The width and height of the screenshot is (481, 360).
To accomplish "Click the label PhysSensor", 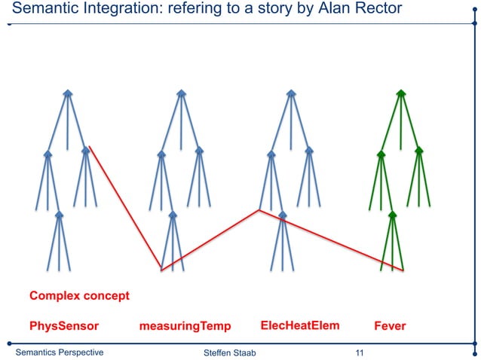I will [x=64, y=326].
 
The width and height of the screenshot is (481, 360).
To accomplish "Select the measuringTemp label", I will [x=185, y=326].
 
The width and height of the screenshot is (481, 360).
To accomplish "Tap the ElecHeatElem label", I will [x=299, y=325].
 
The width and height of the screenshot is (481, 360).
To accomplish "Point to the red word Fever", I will [x=390, y=326].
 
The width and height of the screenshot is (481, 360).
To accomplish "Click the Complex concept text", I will [x=79, y=295].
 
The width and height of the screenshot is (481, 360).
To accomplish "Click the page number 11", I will [x=359, y=352].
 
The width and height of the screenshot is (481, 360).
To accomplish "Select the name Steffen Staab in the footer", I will [x=230, y=353].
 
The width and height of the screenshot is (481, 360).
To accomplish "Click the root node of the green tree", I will [x=401, y=93].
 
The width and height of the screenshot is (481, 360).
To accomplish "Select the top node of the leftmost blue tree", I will [x=68, y=93].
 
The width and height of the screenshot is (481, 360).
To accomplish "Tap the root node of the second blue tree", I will [x=181, y=93].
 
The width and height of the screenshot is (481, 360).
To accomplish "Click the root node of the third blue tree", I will [x=291, y=93].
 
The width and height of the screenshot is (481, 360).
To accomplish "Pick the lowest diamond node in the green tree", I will [x=392, y=215].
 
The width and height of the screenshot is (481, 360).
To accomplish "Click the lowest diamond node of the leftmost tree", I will [x=59, y=215].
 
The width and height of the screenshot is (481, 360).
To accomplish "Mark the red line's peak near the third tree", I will [x=259, y=210].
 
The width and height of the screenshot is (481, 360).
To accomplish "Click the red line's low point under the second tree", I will [x=161, y=270].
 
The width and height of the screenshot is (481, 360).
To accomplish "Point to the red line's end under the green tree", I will [x=404, y=270].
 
